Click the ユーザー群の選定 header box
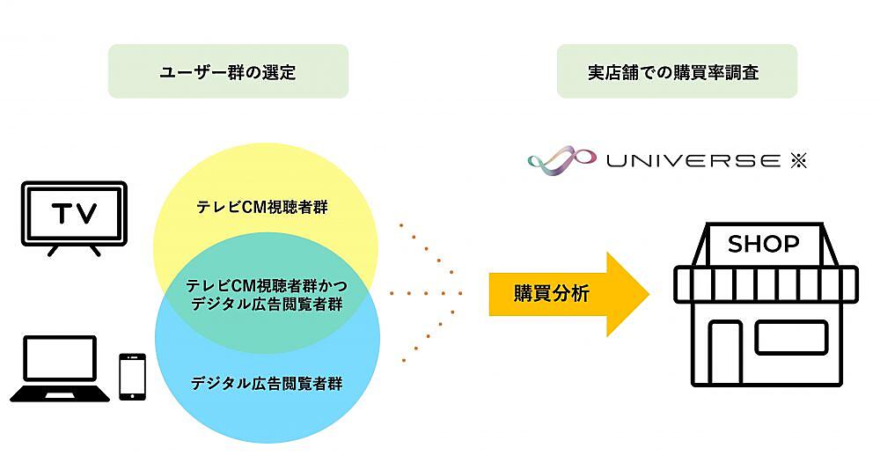point(228,71)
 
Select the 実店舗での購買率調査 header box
point(677,71)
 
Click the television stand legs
point(74,249)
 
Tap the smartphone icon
point(132,377)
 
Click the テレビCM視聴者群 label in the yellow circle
point(255,209)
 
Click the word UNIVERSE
point(692,160)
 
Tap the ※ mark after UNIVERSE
point(797,160)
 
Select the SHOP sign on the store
point(764,243)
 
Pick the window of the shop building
point(791,337)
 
